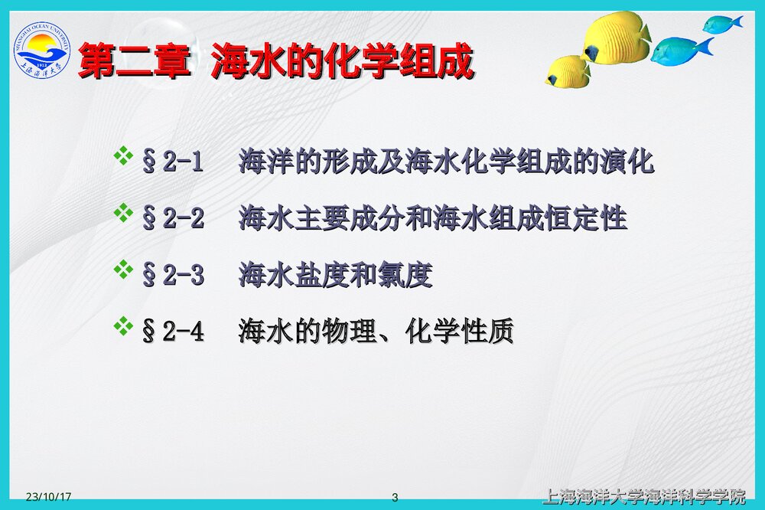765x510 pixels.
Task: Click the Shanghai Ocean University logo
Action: point(42,52)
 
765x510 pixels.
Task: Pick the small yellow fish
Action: point(567,71)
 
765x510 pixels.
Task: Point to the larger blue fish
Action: point(680,51)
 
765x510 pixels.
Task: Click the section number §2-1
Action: point(173,162)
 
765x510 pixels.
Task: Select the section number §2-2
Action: point(173,218)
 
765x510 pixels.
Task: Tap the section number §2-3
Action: point(173,275)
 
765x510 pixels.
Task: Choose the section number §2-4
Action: point(173,332)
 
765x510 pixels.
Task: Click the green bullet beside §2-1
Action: point(122,158)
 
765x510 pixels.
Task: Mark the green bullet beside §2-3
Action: point(122,270)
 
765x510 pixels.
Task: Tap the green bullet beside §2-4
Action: point(122,326)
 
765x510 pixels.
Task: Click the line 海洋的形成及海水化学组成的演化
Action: point(446,162)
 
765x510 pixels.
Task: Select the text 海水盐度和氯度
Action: point(336,275)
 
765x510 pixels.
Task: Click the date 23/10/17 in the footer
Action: point(48,497)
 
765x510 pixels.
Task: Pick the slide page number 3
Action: point(395,497)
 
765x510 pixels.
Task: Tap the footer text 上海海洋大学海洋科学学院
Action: point(643,496)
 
